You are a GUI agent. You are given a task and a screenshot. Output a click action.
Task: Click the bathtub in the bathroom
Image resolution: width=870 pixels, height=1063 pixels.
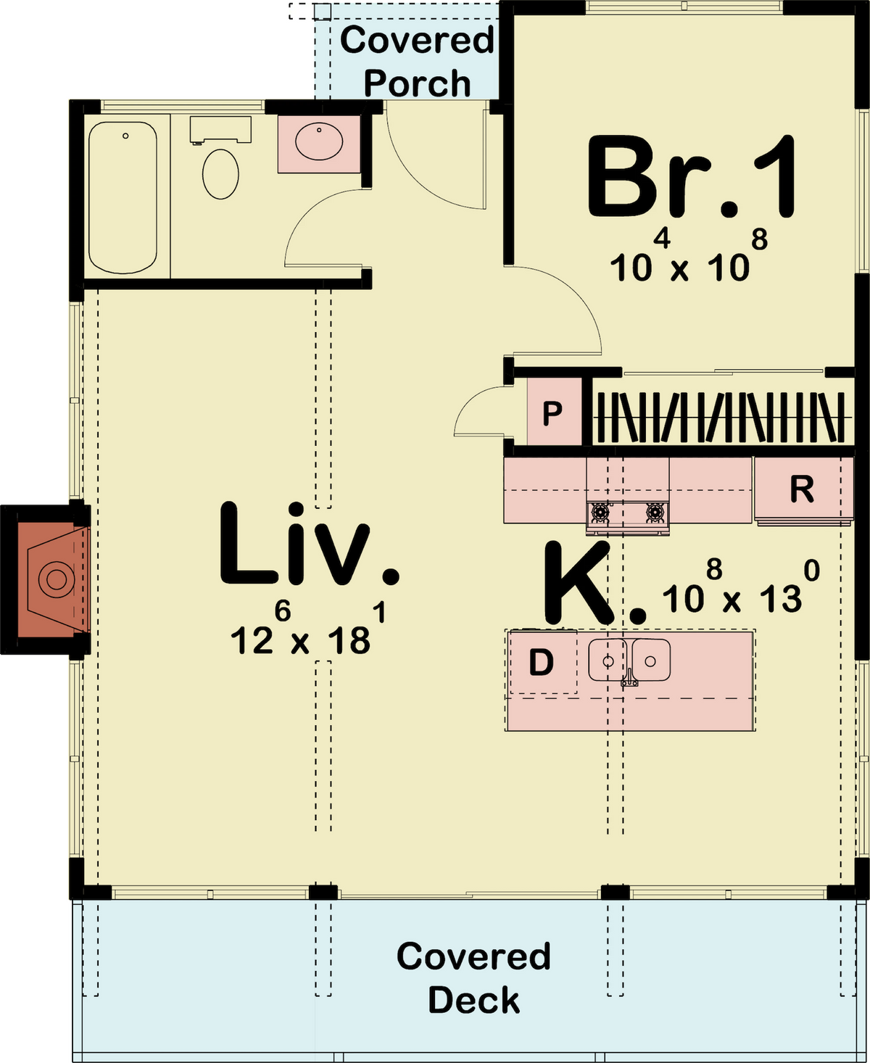pos(123,197)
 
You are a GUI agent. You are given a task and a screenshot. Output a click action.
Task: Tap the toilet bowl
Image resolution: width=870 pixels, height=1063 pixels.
pos(220,174)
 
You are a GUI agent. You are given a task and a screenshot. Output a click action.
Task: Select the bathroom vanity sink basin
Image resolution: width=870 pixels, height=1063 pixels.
pos(318,143)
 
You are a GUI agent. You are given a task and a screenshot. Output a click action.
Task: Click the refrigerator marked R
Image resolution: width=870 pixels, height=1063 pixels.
pos(803,489)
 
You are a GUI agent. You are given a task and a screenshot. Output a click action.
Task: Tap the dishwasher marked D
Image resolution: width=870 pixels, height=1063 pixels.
pos(542,662)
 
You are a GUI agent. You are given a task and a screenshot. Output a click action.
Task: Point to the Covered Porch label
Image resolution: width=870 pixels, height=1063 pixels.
pos(418,62)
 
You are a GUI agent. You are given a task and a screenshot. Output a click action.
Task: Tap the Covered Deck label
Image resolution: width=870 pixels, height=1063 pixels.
pos(473,977)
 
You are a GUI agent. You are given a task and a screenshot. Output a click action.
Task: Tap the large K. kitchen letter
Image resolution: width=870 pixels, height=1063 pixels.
pos(593,584)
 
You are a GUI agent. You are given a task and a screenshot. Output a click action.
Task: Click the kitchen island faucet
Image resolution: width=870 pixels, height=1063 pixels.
pos(629,677)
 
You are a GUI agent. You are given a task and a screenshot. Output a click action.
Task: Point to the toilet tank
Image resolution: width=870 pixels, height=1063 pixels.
pos(220,130)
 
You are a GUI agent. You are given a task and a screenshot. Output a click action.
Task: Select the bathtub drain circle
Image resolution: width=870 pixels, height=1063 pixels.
pos(125,136)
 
